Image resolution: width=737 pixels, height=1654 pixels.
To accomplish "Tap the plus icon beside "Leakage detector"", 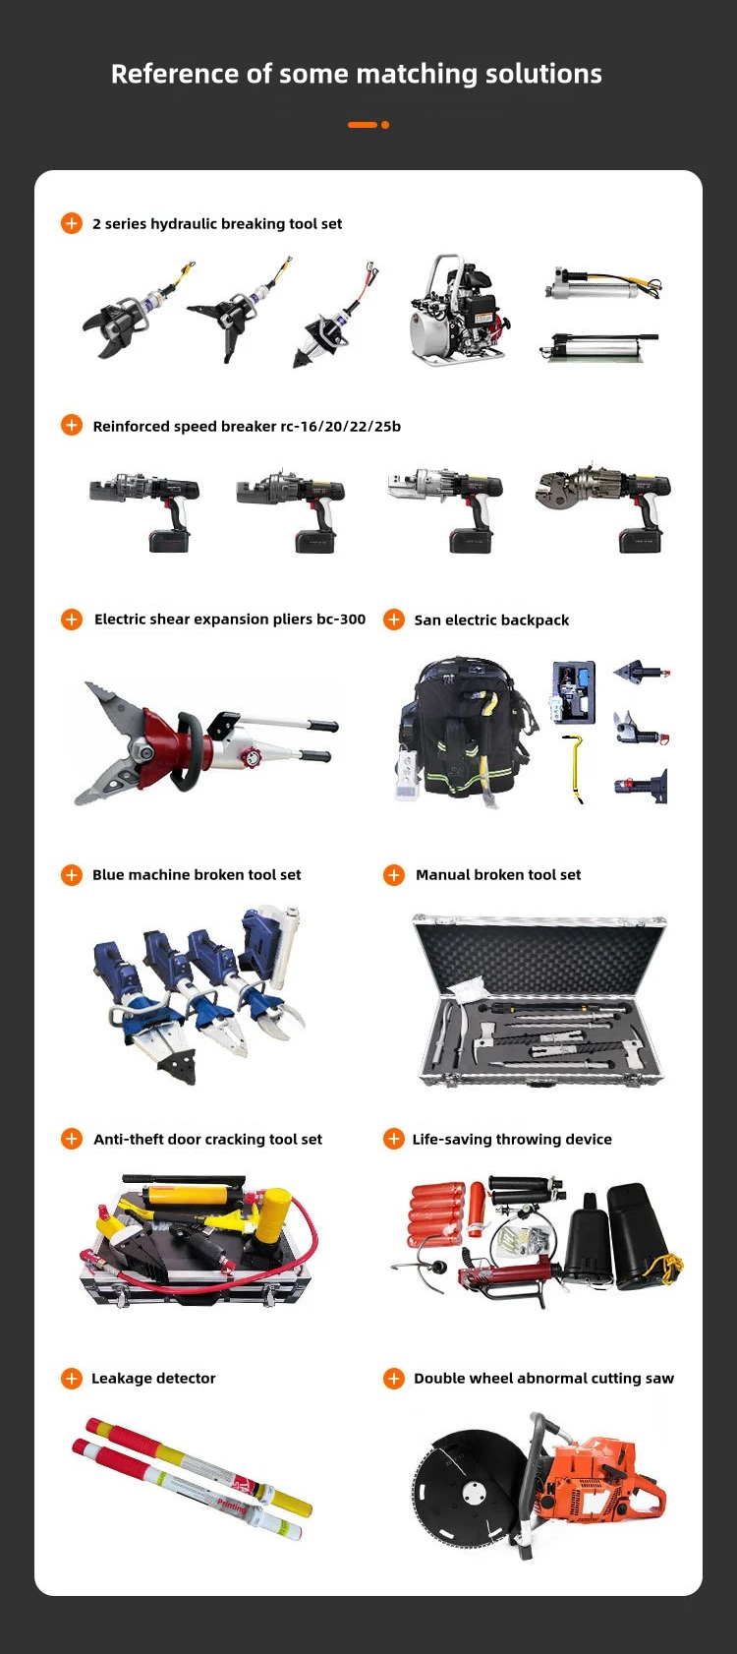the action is pyautogui.click(x=72, y=1378).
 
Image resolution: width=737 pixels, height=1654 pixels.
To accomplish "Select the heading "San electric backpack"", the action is pyautogui.click(x=491, y=620).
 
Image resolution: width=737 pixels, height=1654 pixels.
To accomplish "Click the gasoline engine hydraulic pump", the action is pyautogui.click(x=460, y=309).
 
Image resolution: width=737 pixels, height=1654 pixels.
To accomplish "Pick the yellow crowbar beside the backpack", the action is pyautogui.click(x=573, y=768).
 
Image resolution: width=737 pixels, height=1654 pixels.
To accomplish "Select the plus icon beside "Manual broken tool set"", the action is pyautogui.click(x=394, y=875).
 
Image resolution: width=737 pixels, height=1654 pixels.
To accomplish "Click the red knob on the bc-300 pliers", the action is pyautogui.click(x=255, y=757).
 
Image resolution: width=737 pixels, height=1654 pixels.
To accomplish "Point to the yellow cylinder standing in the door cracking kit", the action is pyautogui.click(x=278, y=1211).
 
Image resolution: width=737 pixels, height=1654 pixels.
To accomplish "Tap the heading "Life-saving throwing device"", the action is pyautogui.click(x=512, y=1140).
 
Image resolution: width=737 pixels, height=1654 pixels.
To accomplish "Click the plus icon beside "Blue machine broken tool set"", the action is pyautogui.click(x=72, y=875).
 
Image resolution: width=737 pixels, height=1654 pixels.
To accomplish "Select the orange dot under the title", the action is pyautogui.click(x=385, y=125).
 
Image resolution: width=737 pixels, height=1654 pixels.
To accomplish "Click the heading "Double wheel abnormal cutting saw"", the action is pyautogui.click(x=543, y=1378).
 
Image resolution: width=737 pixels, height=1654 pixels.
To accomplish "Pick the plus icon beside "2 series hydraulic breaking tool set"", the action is pyautogui.click(x=72, y=223).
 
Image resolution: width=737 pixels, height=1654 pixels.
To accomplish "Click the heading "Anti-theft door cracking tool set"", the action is pyautogui.click(x=208, y=1140).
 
